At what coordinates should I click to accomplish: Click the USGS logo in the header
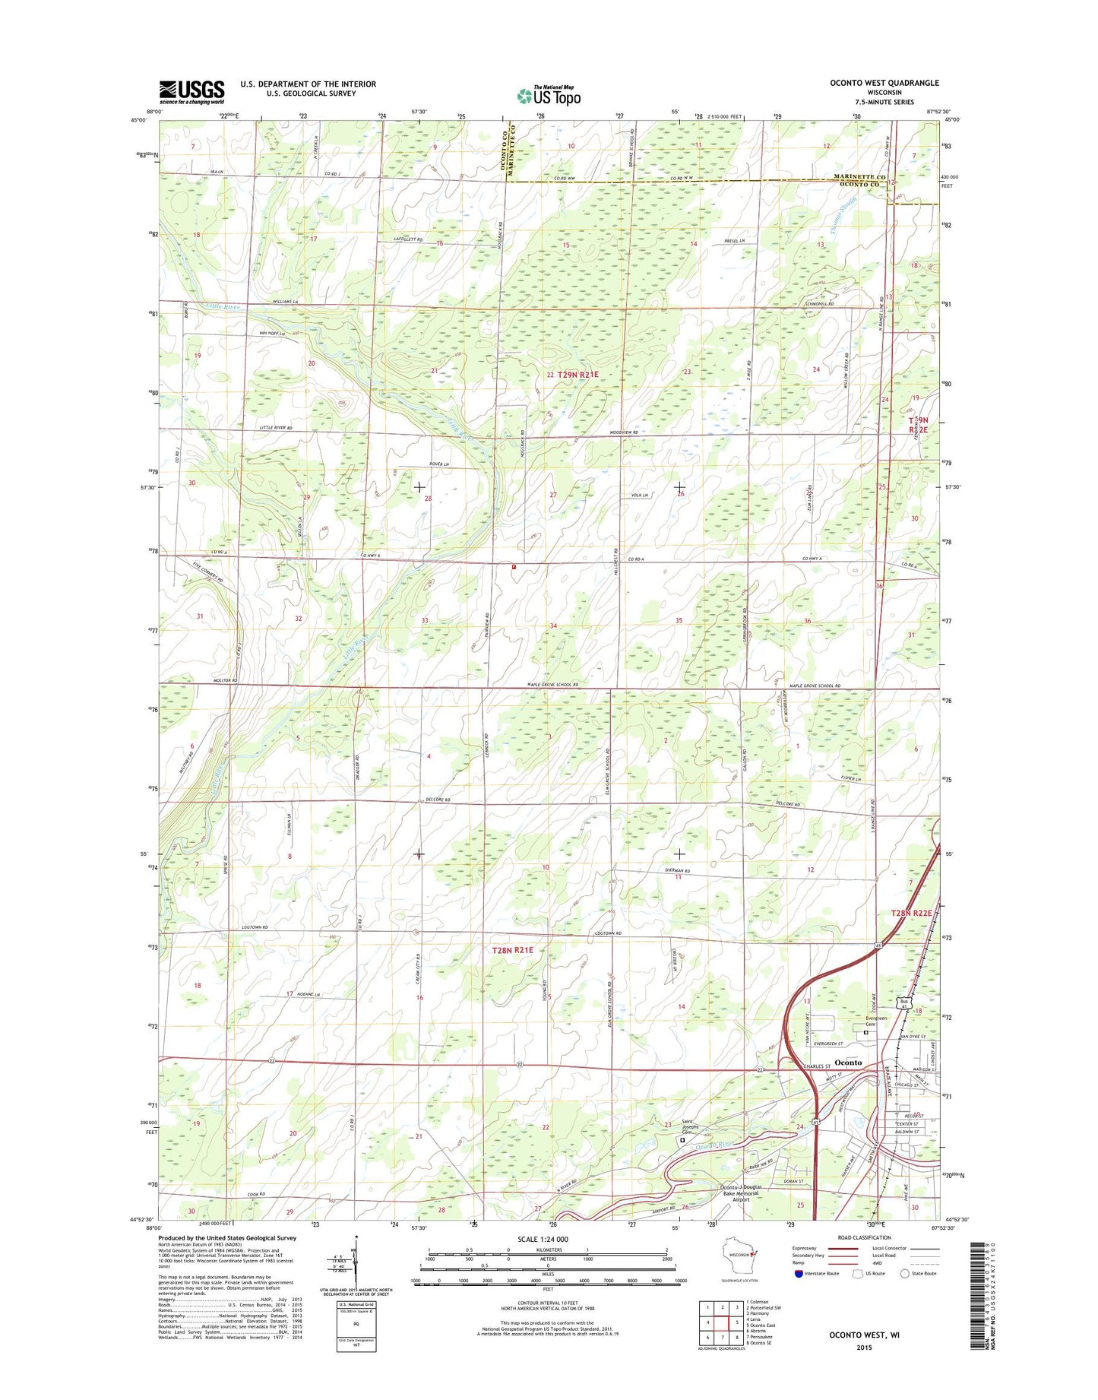(x=191, y=91)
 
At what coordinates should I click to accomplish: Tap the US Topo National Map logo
(x=549, y=94)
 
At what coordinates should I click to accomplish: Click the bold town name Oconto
(x=848, y=1062)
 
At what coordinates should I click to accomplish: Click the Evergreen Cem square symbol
(x=865, y=1032)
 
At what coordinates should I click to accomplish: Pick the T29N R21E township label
(x=577, y=375)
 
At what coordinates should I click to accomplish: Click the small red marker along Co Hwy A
(x=514, y=566)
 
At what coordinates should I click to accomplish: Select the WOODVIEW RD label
(x=624, y=432)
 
